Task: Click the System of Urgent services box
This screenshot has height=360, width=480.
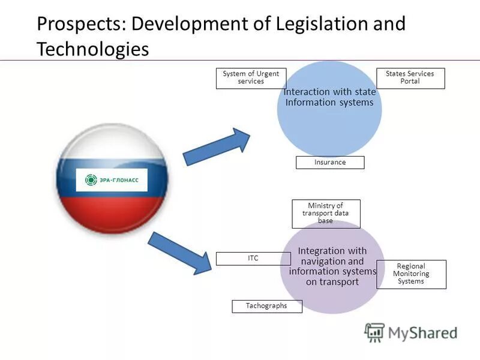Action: [x=251, y=78]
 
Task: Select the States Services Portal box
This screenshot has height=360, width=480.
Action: [x=410, y=78]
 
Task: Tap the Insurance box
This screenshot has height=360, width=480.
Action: [x=330, y=163]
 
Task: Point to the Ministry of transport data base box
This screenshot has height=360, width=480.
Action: [x=326, y=214]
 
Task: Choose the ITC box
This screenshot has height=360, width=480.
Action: [x=253, y=259]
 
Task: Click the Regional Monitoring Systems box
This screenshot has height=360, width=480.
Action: [x=411, y=274]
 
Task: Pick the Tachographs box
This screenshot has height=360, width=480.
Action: [x=267, y=306]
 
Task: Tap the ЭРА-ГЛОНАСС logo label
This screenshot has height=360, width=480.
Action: [x=112, y=180]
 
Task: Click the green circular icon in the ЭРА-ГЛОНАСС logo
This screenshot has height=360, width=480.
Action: [x=91, y=180]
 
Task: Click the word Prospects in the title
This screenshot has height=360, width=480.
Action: [x=81, y=25]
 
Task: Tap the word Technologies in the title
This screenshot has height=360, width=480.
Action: [x=92, y=49]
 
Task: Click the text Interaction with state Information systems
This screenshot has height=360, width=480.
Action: [x=329, y=97]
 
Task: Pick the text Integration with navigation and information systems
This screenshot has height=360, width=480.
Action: [x=332, y=266]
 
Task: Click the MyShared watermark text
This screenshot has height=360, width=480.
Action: [x=422, y=332]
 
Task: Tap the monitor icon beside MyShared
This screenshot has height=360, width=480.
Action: [x=374, y=332]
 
